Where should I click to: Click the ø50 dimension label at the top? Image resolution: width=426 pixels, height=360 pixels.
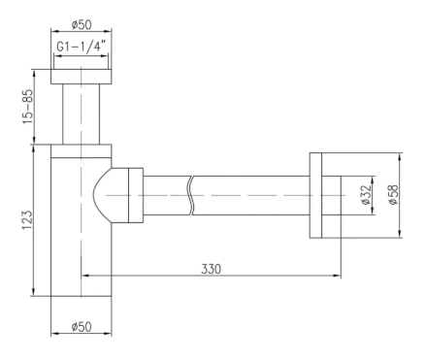click(82, 24)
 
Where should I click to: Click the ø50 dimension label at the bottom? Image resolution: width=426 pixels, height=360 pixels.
click(82, 327)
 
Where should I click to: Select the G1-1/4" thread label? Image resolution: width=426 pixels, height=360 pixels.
click(82, 47)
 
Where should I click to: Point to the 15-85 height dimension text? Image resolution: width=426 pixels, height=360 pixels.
click(27, 107)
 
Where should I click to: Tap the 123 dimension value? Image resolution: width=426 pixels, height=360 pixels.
click(27, 220)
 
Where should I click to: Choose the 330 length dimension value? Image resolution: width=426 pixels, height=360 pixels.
click(211, 269)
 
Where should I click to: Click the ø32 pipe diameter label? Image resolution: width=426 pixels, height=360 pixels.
click(366, 195)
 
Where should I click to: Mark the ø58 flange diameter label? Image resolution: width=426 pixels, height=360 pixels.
click(393, 195)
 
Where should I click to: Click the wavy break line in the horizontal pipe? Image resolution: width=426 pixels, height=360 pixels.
click(191, 195)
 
